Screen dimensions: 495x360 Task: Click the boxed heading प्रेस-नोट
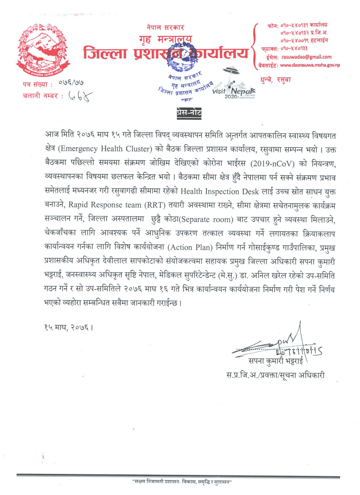189,113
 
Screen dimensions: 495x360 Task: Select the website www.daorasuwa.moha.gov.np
310,65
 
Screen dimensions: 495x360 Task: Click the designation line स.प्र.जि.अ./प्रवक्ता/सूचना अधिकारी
275,375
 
